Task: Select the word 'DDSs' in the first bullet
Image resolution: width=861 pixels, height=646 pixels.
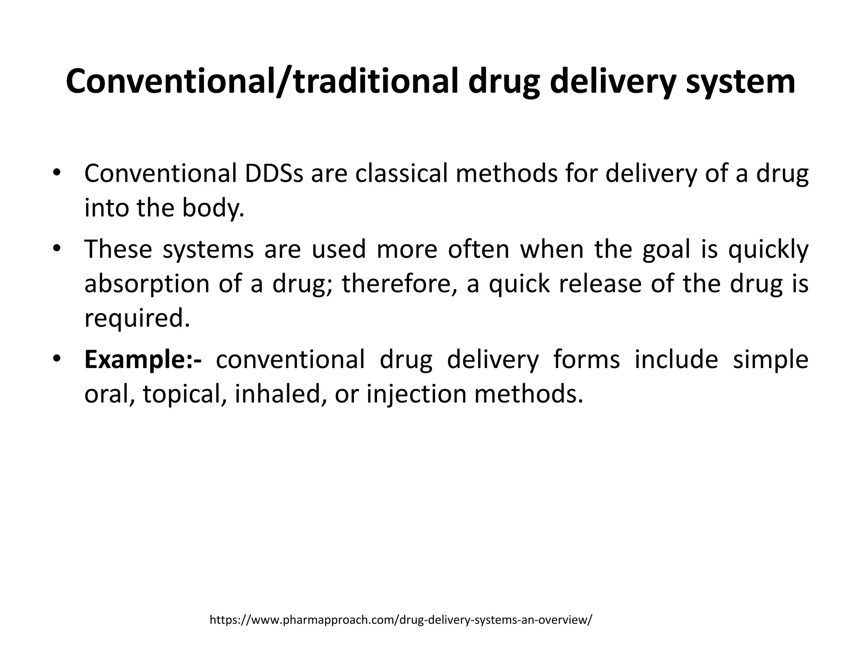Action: (x=274, y=174)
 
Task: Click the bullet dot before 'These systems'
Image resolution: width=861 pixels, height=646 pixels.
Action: (x=57, y=248)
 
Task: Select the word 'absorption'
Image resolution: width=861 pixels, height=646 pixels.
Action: (x=147, y=284)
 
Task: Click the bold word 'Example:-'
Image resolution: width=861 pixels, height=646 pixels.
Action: (x=143, y=360)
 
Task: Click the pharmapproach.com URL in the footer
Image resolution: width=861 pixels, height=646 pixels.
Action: (x=401, y=620)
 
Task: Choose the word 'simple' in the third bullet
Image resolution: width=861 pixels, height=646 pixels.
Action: (x=770, y=360)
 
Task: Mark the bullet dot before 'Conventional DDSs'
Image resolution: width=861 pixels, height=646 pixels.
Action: (x=57, y=172)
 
